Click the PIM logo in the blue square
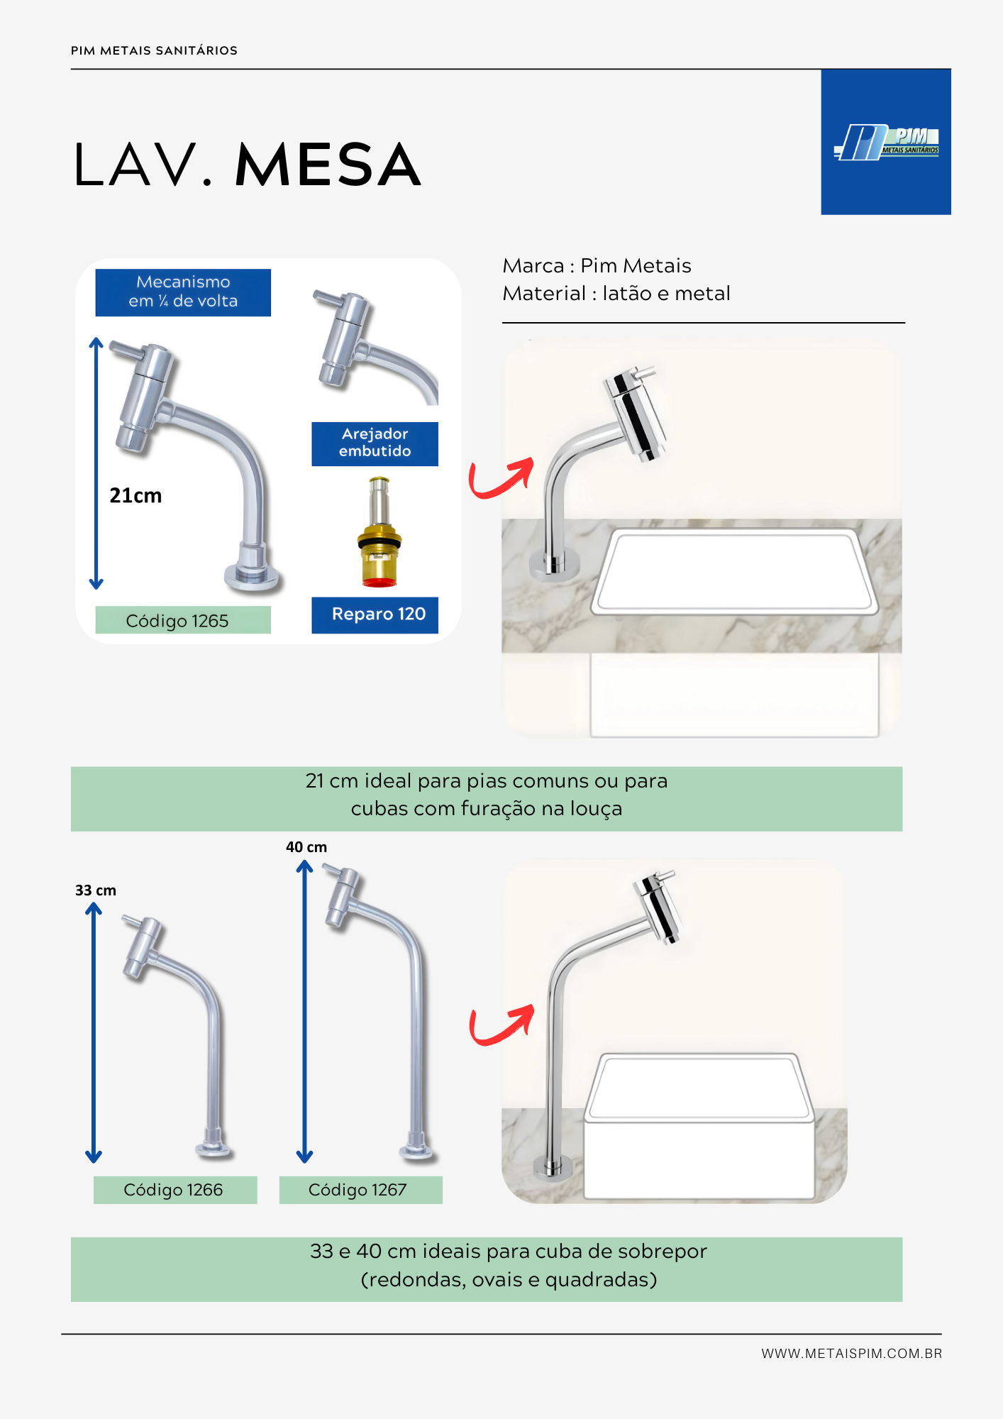(x=886, y=142)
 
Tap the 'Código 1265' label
(x=183, y=620)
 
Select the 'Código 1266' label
(x=175, y=1190)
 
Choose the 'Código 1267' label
(x=360, y=1190)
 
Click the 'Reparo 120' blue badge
(x=375, y=614)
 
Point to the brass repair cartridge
(x=379, y=531)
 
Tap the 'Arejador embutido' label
(x=375, y=443)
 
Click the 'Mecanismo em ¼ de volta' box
(x=183, y=292)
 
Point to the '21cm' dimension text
(x=135, y=495)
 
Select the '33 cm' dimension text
(x=96, y=890)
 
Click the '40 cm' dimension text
(x=306, y=847)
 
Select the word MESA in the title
(x=328, y=165)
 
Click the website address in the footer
(x=852, y=1353)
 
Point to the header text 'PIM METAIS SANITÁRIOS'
(x=154, y=50)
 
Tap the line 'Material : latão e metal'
(x=616, y=293)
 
